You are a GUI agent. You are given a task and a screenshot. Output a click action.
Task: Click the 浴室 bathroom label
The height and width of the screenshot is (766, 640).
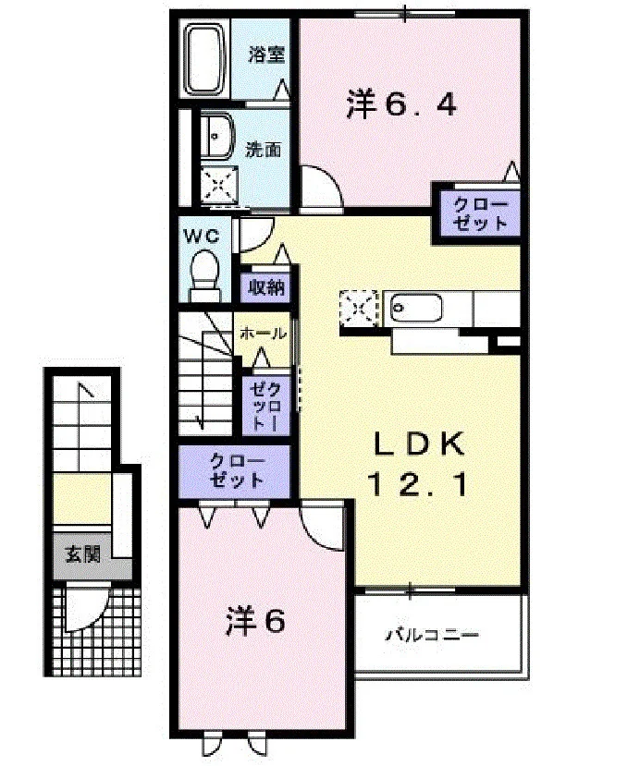(266, 55)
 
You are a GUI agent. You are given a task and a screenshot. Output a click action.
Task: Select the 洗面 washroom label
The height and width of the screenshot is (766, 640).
(263, 150)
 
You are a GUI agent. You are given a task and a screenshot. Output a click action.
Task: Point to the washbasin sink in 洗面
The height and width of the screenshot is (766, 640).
(217, 138)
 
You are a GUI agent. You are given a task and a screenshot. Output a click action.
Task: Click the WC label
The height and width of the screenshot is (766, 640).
(202, 236)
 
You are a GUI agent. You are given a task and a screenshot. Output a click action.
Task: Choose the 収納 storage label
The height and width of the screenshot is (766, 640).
(266, 287)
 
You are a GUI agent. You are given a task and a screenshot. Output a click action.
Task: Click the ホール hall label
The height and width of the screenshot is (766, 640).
(263, 334)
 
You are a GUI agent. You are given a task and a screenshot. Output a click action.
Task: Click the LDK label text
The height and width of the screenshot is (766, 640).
(419, 444)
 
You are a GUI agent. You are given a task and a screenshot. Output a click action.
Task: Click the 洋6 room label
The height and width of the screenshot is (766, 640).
(255, 620)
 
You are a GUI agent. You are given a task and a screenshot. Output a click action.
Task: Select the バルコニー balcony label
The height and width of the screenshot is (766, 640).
(433, 635)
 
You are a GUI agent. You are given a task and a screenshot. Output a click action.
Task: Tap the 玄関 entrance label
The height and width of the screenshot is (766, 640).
(83, 554)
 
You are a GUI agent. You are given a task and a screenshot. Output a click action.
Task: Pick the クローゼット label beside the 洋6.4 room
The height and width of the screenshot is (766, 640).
(481, 214)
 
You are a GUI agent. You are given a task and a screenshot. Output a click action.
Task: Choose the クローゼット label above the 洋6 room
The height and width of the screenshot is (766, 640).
(236, 471)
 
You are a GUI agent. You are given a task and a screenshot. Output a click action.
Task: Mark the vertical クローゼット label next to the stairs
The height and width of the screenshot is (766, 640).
(265, 406)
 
